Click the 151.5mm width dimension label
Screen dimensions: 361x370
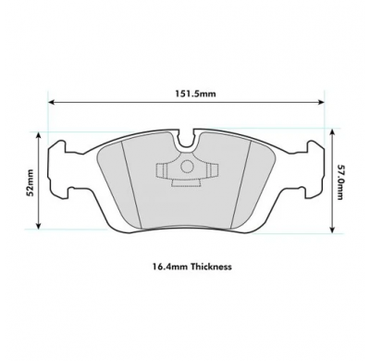point(184,93)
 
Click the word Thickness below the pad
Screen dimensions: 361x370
point(205,266)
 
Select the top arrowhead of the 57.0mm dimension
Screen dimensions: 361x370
point(330,130)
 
